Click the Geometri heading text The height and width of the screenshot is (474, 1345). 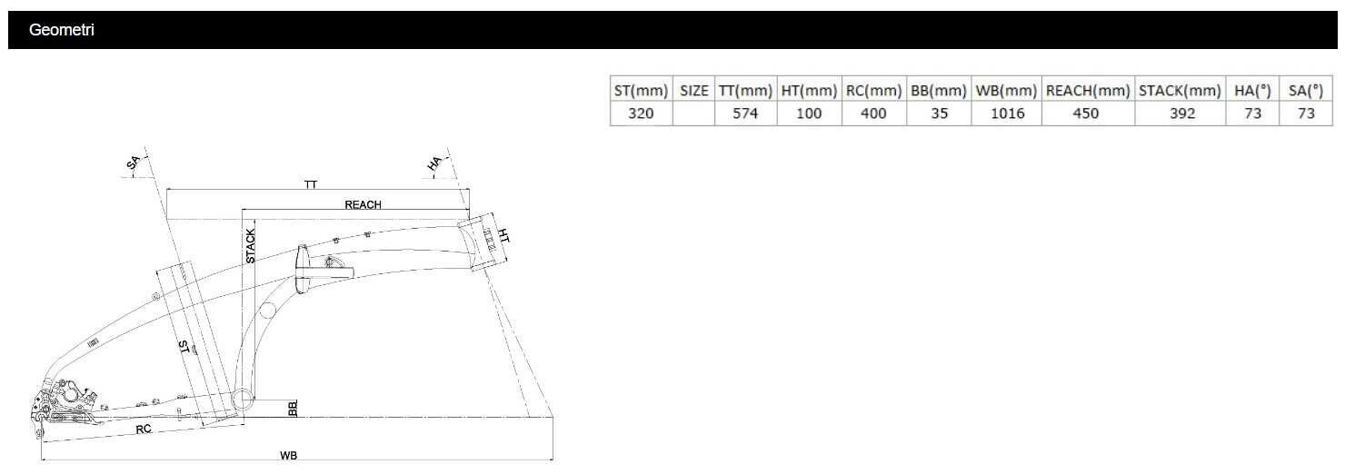pos(61,30)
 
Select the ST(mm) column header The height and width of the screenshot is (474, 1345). pos(641,91)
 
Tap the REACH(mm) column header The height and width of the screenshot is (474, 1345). pos(1088,91)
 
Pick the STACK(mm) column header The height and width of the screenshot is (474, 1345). pos(1180,91)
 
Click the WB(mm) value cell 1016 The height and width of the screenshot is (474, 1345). pos(1007,114)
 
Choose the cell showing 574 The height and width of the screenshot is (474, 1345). pos(745,114)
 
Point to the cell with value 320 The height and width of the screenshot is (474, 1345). pos(641,114)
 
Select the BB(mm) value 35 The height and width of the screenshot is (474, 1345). pos(939,114)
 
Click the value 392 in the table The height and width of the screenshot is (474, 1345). pos(1181,114)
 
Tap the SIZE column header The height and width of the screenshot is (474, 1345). pos(693,91)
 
